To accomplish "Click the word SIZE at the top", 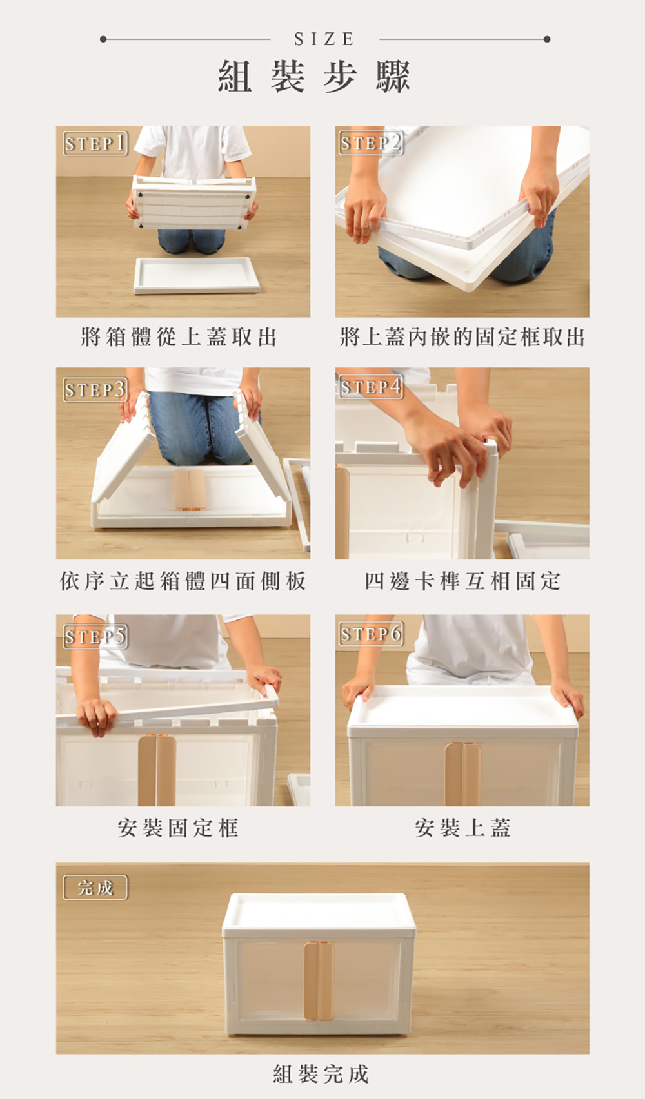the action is (324, 39).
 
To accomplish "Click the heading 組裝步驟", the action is (314, 77).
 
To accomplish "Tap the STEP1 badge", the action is (95, 143).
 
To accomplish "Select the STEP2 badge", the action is (371, 142).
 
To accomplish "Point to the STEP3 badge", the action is (95, 389).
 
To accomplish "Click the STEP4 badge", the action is (371, 387).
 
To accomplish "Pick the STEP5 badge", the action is (95, 637).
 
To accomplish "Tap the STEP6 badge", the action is (371, 634).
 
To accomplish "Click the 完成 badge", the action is (95, 887).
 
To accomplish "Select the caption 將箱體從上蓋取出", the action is (179, 337).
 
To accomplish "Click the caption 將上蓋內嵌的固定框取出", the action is (462, 337).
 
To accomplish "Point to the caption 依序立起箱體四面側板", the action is (183, 581).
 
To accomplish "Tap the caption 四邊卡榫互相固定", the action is (462, 581).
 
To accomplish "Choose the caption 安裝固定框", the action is (178, 828).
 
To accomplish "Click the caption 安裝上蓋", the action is (462, 828).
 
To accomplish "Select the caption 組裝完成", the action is (321, 1074).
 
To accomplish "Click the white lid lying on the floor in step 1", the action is (196, 275).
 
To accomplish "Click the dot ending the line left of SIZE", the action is (103, 39).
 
